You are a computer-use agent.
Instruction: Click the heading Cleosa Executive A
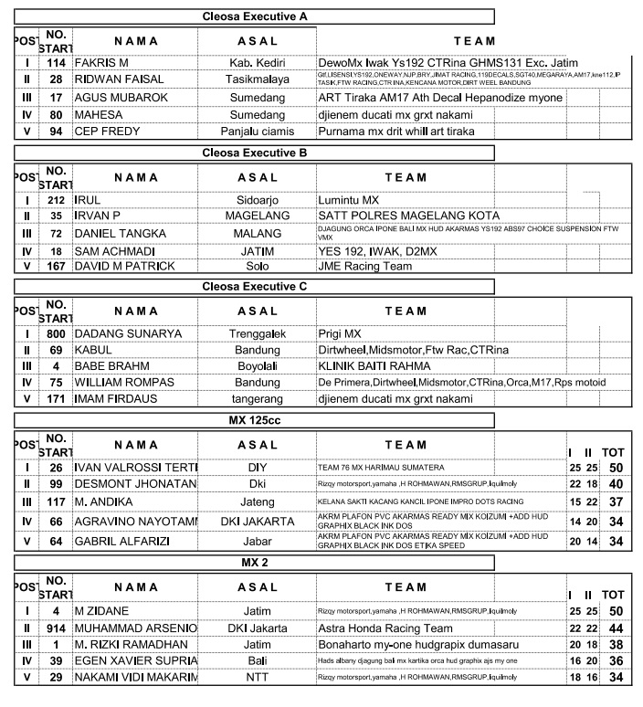(254, 16)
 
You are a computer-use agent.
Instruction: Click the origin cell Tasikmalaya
(257, 79)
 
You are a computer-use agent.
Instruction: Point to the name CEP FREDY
(108, 132)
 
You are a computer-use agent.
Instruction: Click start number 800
(56, 334)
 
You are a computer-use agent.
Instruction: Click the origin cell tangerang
(257, 399)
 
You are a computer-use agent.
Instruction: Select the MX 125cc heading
(254, 421)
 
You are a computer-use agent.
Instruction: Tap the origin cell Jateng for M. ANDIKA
(257, 502)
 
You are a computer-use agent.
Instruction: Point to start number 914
(56, 628)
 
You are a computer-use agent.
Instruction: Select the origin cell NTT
(257, 677)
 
